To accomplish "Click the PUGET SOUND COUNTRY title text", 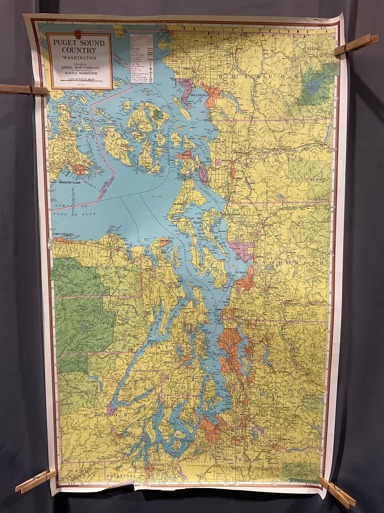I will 79,46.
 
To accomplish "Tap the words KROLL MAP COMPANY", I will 79,67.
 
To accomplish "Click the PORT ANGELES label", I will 63,234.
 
